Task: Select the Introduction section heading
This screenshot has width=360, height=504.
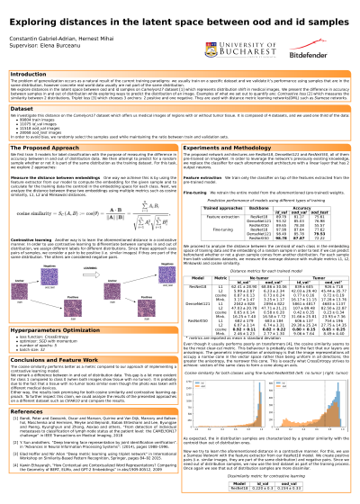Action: coord(29,74)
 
